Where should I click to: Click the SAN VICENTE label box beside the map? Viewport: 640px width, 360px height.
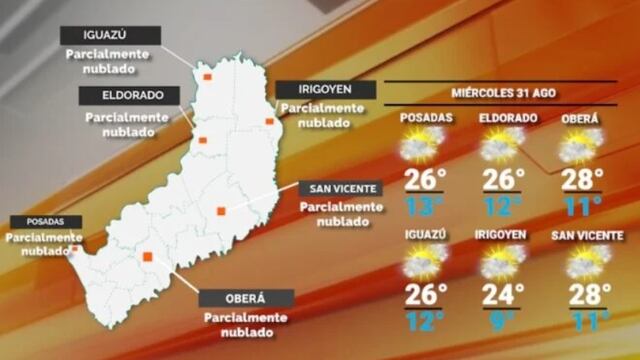pos(342,188)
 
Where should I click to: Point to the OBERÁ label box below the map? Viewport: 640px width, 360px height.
pos(246,298)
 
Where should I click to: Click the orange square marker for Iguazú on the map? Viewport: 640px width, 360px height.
pos(207,76)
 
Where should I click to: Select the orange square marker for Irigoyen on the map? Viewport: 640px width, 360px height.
pos(270,122)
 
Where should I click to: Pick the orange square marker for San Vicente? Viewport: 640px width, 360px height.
pos(222,210)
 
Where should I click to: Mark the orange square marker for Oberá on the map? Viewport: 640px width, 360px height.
pos(147,257)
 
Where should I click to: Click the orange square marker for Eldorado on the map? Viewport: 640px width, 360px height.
pos(201,140)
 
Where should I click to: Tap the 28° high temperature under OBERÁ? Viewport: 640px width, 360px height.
pos(582,180)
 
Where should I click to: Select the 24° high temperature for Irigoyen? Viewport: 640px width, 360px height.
pos(504,295)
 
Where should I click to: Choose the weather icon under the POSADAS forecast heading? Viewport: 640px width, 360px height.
pos(420,147)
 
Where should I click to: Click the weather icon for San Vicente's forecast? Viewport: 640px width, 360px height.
pos(581,262)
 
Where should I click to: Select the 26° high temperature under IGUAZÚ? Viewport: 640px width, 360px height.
pos(425,295)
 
